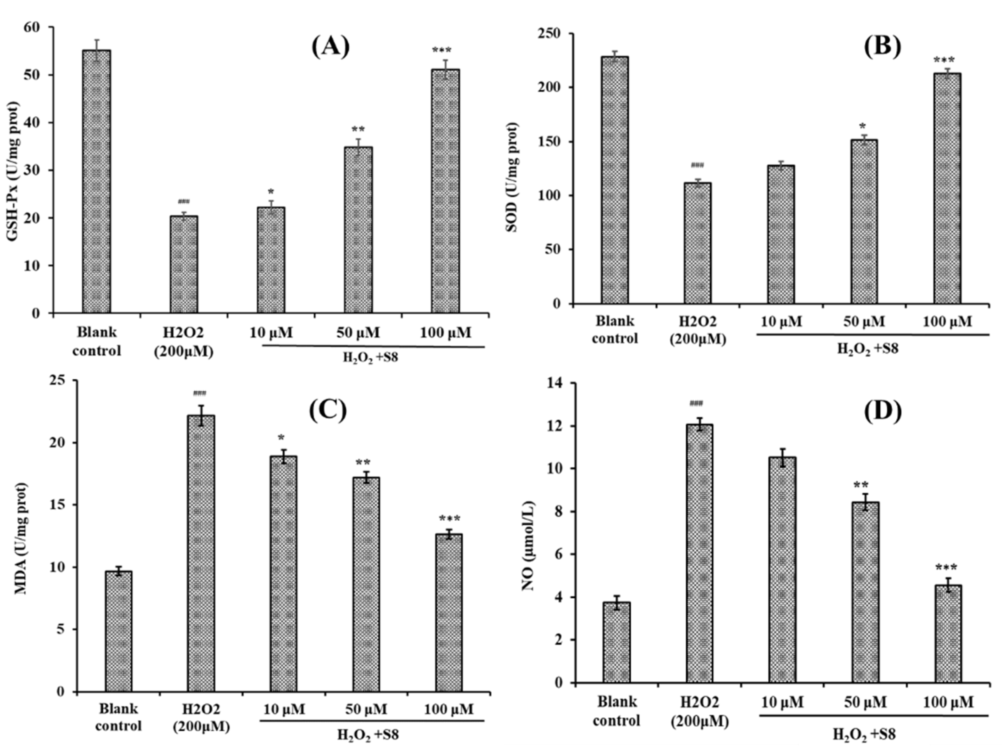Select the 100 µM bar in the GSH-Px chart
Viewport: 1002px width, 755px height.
point(445,190)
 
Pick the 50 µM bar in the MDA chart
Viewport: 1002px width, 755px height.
point(366,584)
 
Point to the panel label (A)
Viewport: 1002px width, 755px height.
point(330,47)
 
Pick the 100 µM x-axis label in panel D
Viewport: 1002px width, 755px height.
point(948,702)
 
